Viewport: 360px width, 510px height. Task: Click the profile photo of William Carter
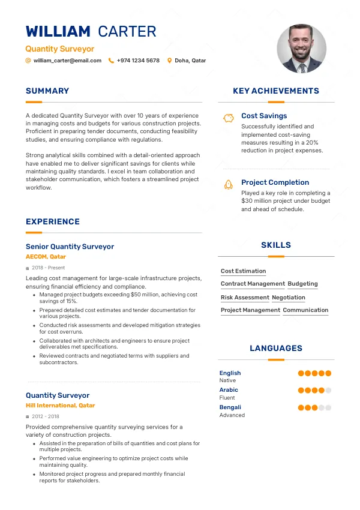point(301,49)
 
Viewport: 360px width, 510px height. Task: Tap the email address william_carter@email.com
point(67,61)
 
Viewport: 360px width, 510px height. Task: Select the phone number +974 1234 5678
point(138,61)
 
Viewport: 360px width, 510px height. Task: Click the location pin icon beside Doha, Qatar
point(170,61)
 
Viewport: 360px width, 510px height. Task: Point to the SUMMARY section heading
point(47,91)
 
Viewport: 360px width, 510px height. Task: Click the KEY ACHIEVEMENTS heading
point(276,91)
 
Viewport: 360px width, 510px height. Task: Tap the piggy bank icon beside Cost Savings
point(228,118)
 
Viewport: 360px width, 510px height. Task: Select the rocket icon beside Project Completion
point(228,184)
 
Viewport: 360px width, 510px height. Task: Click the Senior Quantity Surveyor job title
point(70,247)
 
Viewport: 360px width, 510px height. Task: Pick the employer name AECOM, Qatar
point(46,257)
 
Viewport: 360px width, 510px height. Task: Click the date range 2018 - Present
point(48,268)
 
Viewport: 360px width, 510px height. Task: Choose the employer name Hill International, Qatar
point(60,406)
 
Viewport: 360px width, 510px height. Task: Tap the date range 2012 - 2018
point(45,416)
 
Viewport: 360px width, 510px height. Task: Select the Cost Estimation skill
point(243,271)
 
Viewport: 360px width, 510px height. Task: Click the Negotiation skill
point(289,298)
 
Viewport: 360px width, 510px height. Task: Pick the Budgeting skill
point(302,284)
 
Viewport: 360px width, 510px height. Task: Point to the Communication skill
point(305,310)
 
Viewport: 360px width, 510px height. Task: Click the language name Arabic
point(229,390)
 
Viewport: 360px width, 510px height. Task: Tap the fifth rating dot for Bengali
point(328,407)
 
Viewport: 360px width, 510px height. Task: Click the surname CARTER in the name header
point(127,32)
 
